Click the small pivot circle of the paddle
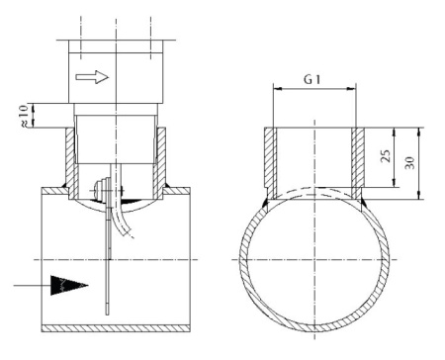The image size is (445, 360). pyautogui.click(x=103, y=189)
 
